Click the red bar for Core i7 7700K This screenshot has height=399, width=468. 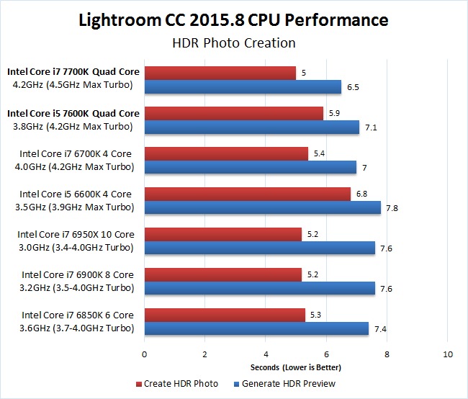(x=220, y=73)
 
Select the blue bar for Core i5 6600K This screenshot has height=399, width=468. (x=263, y=207)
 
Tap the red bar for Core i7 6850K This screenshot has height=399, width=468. (x=225, y=315)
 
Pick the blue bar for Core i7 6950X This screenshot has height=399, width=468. (x=260, y=248)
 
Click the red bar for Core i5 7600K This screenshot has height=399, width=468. (x=234, y=113)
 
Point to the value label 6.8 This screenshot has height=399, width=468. (x=361, y=194)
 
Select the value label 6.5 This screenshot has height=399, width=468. (x=352, y=86)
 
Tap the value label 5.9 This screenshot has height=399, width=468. (x=333, y=113)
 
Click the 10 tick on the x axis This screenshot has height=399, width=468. (x=448, y=354)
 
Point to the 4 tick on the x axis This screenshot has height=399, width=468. (x=266, y=354)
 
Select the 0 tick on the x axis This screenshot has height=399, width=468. (x=145, y=354)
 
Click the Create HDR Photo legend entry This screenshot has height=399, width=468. (x=176, y=383)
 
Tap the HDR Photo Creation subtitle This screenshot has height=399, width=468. (x=233, y=43)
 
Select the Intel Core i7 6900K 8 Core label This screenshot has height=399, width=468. (x=78, y=274)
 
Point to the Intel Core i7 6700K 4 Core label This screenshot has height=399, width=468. (x=76, y=153)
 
